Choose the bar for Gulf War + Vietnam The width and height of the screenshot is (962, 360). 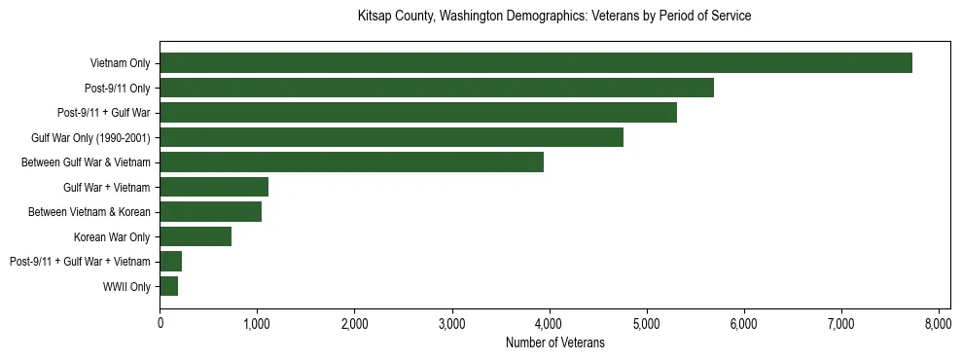(214, 187)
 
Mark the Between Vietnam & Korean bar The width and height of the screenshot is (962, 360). (210, 212)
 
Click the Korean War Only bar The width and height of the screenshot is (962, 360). (196, 236)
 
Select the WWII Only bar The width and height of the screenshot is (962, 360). (169, 286)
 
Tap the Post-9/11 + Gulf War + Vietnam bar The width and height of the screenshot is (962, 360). (171, 262)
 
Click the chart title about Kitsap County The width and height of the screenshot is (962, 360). (554, 17)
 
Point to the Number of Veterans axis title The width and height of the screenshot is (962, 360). (554, 342)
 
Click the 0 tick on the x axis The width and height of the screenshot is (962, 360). (160, 324)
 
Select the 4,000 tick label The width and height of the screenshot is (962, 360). (549, 324)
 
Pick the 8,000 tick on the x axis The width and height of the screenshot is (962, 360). (938, 324)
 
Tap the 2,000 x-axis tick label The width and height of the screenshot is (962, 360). (354, 324)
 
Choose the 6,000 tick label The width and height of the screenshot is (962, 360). (743, 324)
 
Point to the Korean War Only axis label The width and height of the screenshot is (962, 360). (112, 237)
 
